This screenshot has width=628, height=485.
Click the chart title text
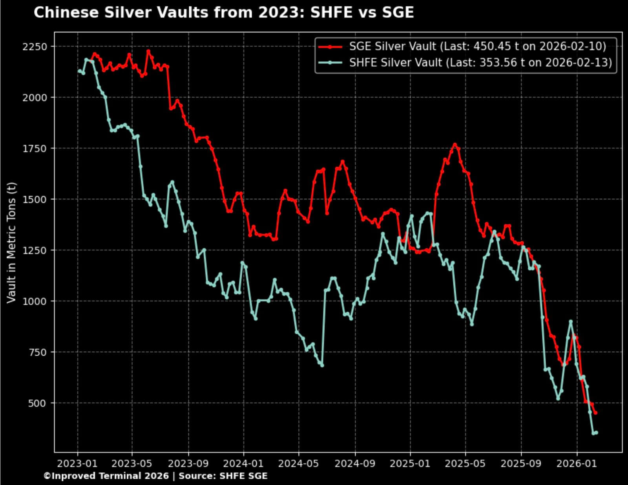224,13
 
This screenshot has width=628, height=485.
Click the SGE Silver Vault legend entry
477,46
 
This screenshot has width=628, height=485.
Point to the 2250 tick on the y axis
35,46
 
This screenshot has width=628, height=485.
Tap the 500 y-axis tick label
37,403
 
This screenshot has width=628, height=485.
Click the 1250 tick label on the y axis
35,250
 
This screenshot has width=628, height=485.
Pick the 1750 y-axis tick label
35,148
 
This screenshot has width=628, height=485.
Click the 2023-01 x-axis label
77,463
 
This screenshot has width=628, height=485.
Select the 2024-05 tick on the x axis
299,463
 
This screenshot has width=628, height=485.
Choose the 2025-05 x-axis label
466,463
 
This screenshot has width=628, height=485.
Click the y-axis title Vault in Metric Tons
11,242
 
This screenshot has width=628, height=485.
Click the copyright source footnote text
155,476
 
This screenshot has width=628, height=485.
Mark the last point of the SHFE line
596,433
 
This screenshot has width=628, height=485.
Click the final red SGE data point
595,413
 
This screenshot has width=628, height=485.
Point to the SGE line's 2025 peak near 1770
455,145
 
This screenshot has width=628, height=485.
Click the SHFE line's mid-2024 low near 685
322,366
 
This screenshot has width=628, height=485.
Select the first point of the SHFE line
79,71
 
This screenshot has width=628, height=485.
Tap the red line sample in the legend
330,46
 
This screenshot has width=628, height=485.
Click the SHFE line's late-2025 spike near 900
571,321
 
